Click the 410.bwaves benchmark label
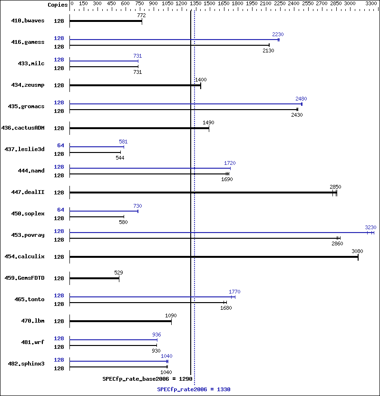(x=28, y=21)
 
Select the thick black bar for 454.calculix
(x=214, y=257)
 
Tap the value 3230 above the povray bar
(x=370, y=227)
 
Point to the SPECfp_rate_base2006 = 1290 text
(x=147, y=379)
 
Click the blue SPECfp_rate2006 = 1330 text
(x=194, y=389)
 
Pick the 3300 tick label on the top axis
(x=370, y=4)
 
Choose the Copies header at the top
(x=58, y=4)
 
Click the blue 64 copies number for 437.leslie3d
(x=60, y=145)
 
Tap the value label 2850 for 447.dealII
(x=335, y=187)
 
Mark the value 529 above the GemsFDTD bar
(x=118, y=273)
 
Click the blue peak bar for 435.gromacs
(x=185, y=104)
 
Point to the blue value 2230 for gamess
(x=278, y=34)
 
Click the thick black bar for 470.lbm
(x=121, y=321)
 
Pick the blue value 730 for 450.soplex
(x=137, y=206)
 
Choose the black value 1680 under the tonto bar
(x=226, y=308)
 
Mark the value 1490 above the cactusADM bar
(x=208, y=122)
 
